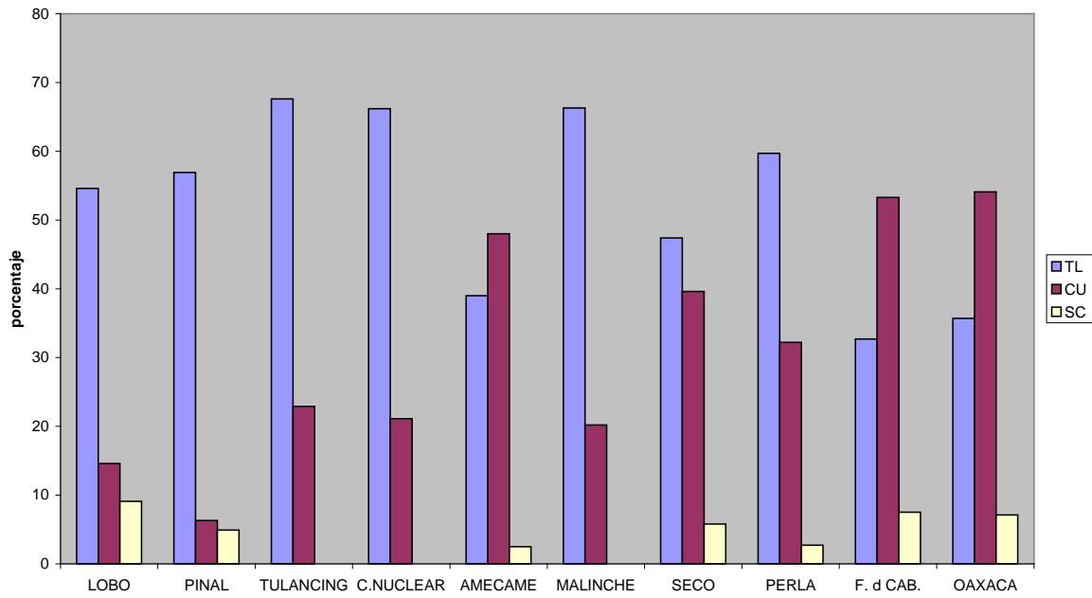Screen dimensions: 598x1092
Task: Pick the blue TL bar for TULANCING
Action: point(281,332)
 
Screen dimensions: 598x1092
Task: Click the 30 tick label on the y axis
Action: point(44,358)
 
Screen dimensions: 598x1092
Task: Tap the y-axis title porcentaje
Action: point(17,289)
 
